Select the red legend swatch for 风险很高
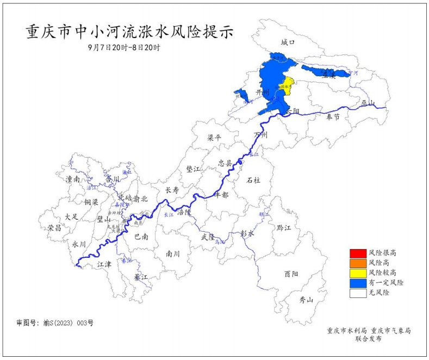(x=358, y=253)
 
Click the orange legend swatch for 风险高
(x=358, y=263)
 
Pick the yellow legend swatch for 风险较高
(x=358, y=272)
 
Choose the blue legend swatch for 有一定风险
(x=358, y=283)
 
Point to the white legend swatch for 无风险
(x=358, y=293)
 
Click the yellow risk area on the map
(x=287, y=85)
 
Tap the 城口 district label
(x=287, y=42)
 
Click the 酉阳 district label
(x=291, y=274)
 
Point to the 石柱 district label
(x=254, y=180)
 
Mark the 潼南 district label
(x=72, y=179)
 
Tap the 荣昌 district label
(x=54, y=228)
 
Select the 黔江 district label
(x=284, y=227)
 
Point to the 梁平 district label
(x=214, y=138)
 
